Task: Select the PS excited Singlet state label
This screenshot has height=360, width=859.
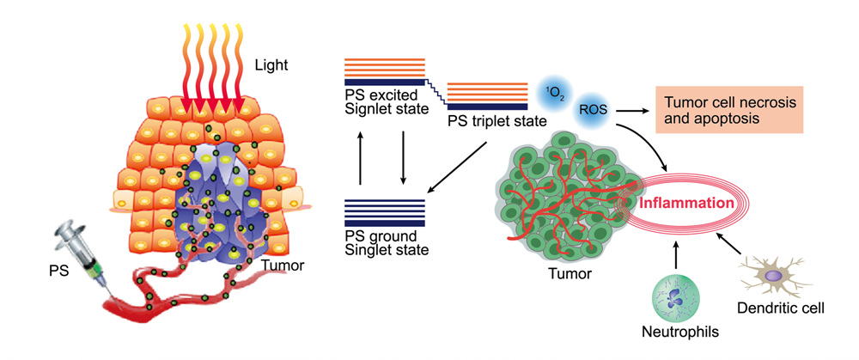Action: [381, 101]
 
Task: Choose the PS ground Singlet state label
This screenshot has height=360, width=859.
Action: [381, 243]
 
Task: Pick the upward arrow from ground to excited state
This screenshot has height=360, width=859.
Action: [361, 159]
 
